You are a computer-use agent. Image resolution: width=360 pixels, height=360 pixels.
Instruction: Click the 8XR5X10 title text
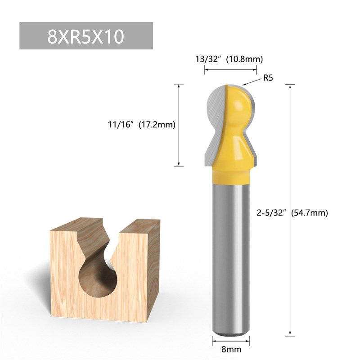click(x=85, y=36)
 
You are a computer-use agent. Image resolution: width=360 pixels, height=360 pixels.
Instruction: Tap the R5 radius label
click(x=268, y=78)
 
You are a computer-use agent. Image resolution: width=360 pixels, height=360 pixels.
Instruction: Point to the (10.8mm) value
click(x=244, y=59)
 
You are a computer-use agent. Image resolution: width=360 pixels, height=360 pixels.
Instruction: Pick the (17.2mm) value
click(x=156, y=125)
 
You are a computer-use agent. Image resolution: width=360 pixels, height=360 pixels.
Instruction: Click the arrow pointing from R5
click(x=250, y=82)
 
